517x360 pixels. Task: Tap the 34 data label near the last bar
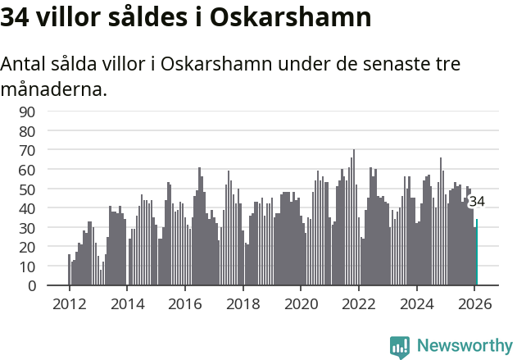coord(477,202)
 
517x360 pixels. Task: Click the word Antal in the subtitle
coord(25,64)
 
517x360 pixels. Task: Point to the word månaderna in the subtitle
coord(53,89)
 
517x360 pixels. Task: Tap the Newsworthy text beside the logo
coord(464,346)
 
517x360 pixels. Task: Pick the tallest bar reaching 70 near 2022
coord(354,217)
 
